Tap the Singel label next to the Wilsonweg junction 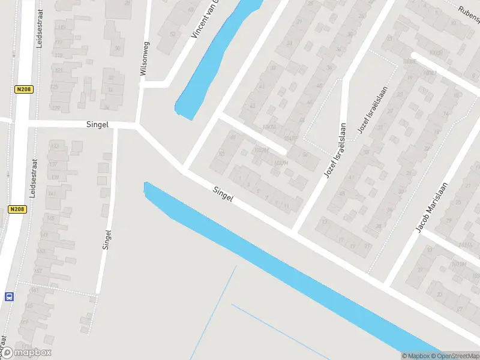(97, 124)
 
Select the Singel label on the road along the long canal (223, 193)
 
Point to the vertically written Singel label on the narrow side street (107, 239)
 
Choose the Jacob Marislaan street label (432, 207)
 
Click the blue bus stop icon (9, 296)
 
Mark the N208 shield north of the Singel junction (23, 89)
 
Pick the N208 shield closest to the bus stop (16, 209)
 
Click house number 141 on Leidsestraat (52, 193)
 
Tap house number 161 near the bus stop (34, 290)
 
